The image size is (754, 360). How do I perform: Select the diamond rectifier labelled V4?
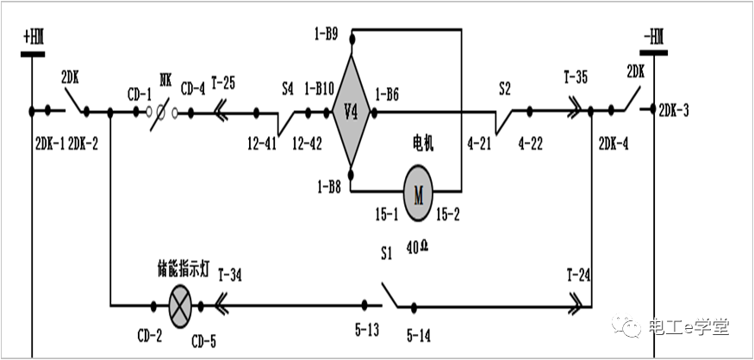pyautogui.click(x=351, y=111)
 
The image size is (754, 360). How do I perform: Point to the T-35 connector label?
pyautogui.click(x=576, y=78)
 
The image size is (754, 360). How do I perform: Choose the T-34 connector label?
pyautogui.click(x=229, y=275)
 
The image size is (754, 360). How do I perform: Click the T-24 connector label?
pyautogui.click(x=580, y=275)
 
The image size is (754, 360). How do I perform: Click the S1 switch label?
pyautogui.click(x=387, y=254)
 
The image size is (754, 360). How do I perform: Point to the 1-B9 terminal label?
pyautogui.click(x=326, y=35)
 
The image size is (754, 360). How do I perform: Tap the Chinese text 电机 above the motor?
pyautogui.click(x=422, y=144)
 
